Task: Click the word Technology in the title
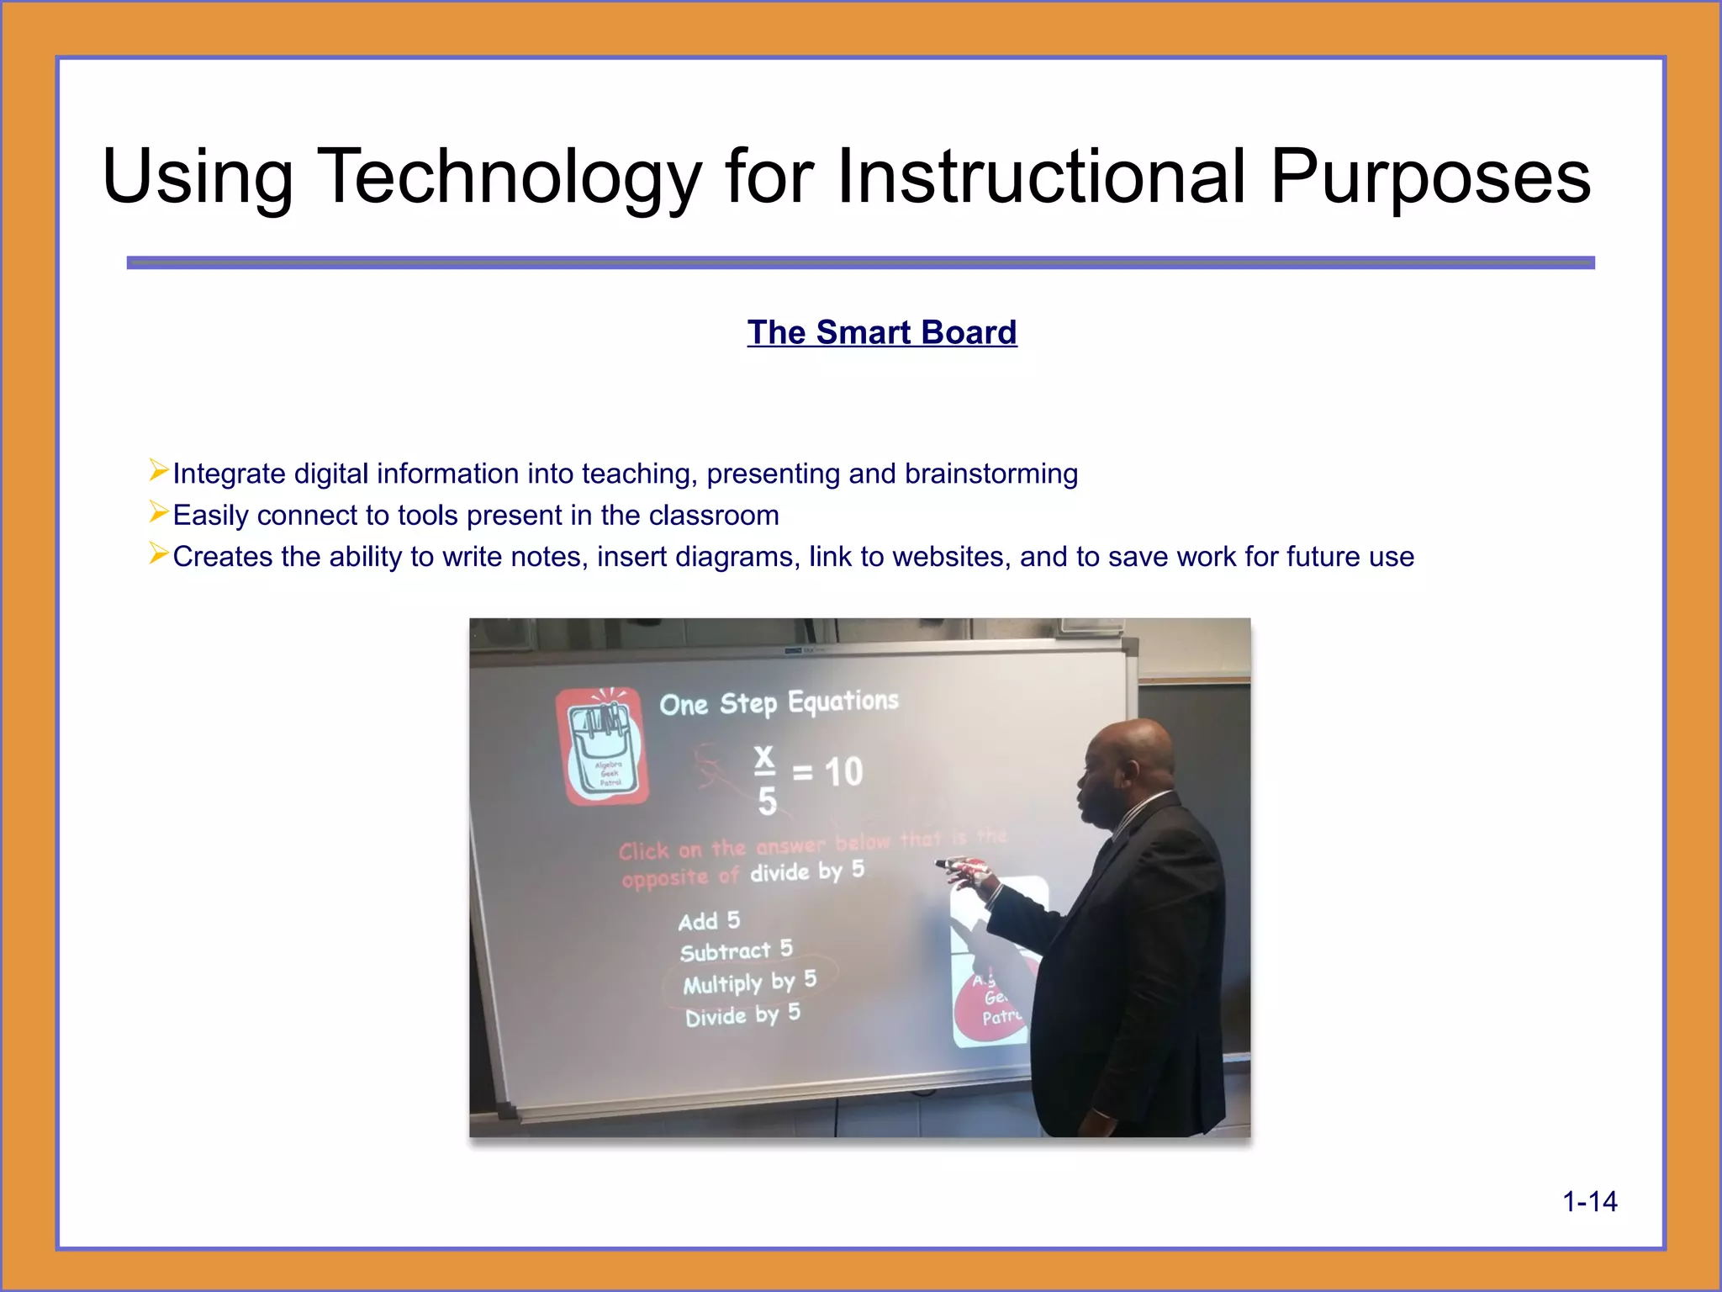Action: coord(509,177)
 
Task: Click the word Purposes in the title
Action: coord(1429,177)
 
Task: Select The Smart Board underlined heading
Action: coord(882,333)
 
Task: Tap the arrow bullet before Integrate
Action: coord(158,470)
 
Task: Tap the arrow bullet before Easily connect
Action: coord(158,511)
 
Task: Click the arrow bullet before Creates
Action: coord(158,553)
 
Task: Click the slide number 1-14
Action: coord(1589,1202)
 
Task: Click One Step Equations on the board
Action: coord(779,703)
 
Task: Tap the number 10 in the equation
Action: coord(843,772)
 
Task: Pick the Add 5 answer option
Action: coord(709,921)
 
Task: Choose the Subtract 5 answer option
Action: coord(736,951)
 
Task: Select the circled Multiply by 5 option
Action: coord(748,982)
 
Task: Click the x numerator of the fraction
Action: coord(763,757)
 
